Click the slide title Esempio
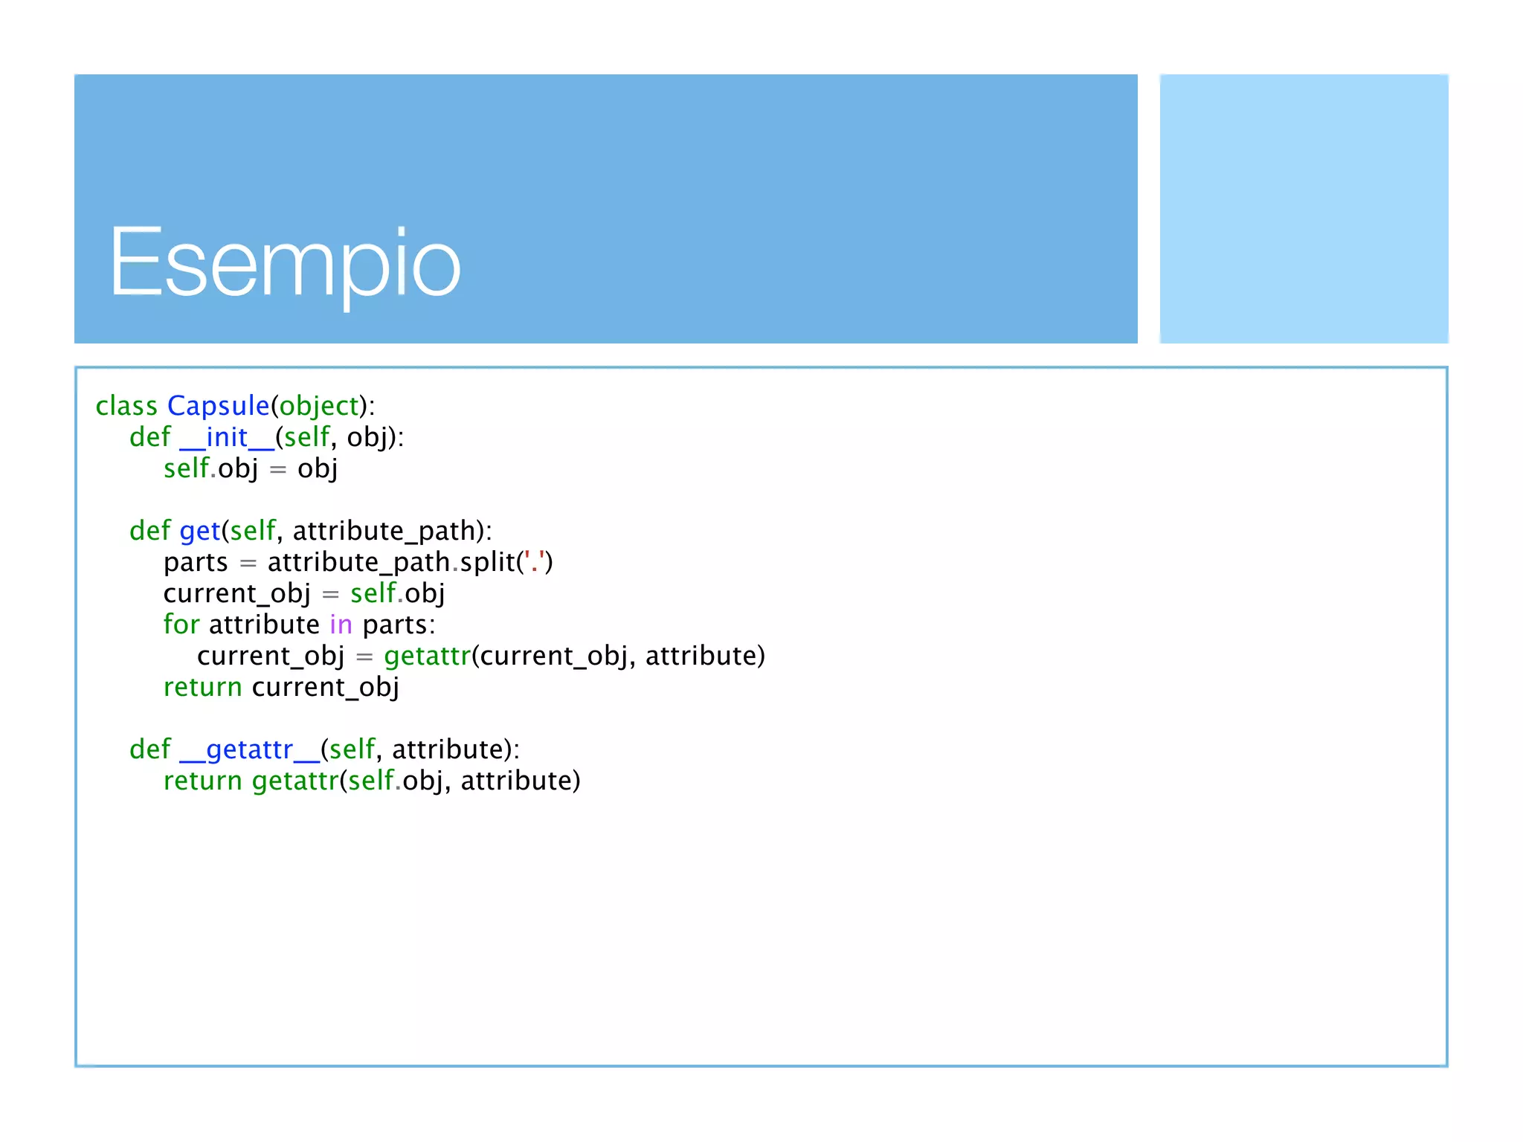pyautogui.click(x=286, y=264)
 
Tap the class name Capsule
pyautogui.click(x=218, y=406)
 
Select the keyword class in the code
pyautogui.click(x=126, y=406)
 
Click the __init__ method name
pyautogui.click(x=227, y=437)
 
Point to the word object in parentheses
pyautogui.click(x=319, y=406)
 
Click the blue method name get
pyautogui.click(x=199, y=531)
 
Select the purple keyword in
pyautogui.click(x=341, y=625)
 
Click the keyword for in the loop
pyautogui.click(x=181, y=625)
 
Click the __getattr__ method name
pyautogui.click(x=250, y=749)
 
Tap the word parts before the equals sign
pyautogui.click(x=196, y=563)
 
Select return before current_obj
pyautogui.click(x=202, y=687)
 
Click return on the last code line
pyautogui.click(x=202, y=781)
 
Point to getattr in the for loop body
pyautogui.click(x=428, y=656)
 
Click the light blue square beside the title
pyautogui.click(x=1304, y=208)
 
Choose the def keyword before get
pyautogui.click(x=149, y=531)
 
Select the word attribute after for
pyautogui.click(x=264, y=625)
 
